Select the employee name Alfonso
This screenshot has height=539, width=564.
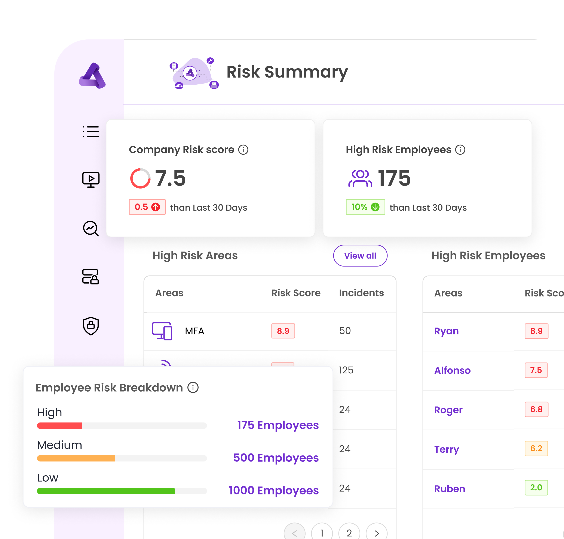pos(452,370)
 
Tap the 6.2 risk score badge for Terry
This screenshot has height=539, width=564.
pos(536,449)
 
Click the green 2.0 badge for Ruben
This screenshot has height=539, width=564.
pos(536,488)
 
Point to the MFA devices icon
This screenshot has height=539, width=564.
pos(162,331)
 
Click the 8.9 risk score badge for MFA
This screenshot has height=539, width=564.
pos(283,331)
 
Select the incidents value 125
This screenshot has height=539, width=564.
pos(346,370)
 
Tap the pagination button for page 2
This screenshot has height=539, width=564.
pos(349,533)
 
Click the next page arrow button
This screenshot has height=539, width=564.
pos(377,533)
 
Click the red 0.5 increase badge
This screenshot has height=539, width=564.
pos(147,207)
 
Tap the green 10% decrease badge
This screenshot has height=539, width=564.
pos(365,207)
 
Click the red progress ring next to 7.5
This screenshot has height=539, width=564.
pos(140,178)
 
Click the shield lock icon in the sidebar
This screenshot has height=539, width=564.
pos(91,326)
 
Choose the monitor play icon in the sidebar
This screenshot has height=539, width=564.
pos(91,180)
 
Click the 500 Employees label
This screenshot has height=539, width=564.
pos(276,458)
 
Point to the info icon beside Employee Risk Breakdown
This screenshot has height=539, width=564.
pos(193,387)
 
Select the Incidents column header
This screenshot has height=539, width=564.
pos(361,293)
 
